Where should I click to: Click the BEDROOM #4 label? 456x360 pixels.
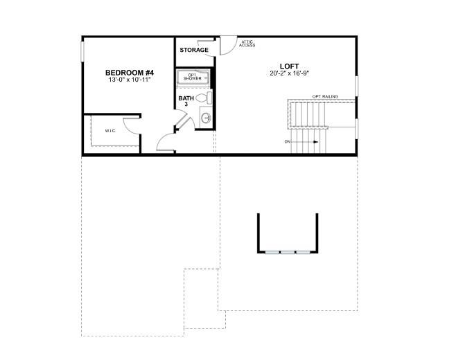130,73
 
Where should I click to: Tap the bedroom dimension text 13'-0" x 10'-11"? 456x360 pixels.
130,80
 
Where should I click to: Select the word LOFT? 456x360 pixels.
289,66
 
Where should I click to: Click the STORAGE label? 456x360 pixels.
194,50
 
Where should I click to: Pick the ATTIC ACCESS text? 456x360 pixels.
247,44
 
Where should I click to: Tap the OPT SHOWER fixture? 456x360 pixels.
192,77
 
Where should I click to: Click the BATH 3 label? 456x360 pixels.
186,101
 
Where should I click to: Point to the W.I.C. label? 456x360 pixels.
110,130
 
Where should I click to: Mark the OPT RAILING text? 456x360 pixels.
325,96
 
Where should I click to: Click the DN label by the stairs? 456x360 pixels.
288,142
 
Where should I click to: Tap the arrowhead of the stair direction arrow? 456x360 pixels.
317,142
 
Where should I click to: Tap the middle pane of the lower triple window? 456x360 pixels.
288,252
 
